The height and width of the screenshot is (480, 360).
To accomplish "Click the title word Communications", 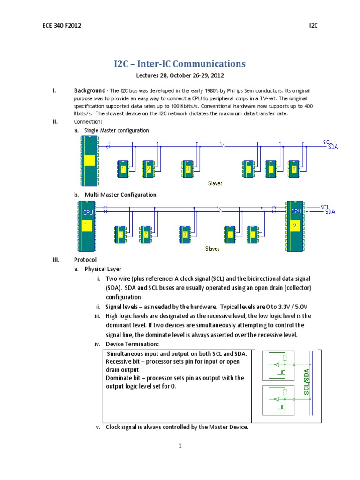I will [x=208, y=63].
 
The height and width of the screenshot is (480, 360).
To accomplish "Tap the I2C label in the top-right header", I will [x=313, y=25].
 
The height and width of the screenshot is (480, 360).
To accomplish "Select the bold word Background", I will [x=90, y=90].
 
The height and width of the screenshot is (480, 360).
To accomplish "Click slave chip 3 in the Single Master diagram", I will [x=187, y=168].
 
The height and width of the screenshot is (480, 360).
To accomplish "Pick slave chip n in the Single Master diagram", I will [x=294, y=168].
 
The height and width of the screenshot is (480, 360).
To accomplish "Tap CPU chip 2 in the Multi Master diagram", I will [x=295, y=226].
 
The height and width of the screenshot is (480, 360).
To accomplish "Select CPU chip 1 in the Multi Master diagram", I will [x=86, y=226].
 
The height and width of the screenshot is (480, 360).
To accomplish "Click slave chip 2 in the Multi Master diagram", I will [x=146, y=234].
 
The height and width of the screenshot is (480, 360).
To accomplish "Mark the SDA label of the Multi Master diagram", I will [x=331, y=212].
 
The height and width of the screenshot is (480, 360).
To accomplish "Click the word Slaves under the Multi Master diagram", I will [x=212, y=248].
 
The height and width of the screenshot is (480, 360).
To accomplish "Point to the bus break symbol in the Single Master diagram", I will [x=223, y=145].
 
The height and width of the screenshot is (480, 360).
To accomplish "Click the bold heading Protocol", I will [x=86, y=260].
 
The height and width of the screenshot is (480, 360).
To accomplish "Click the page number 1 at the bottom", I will [x=180, y=446].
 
